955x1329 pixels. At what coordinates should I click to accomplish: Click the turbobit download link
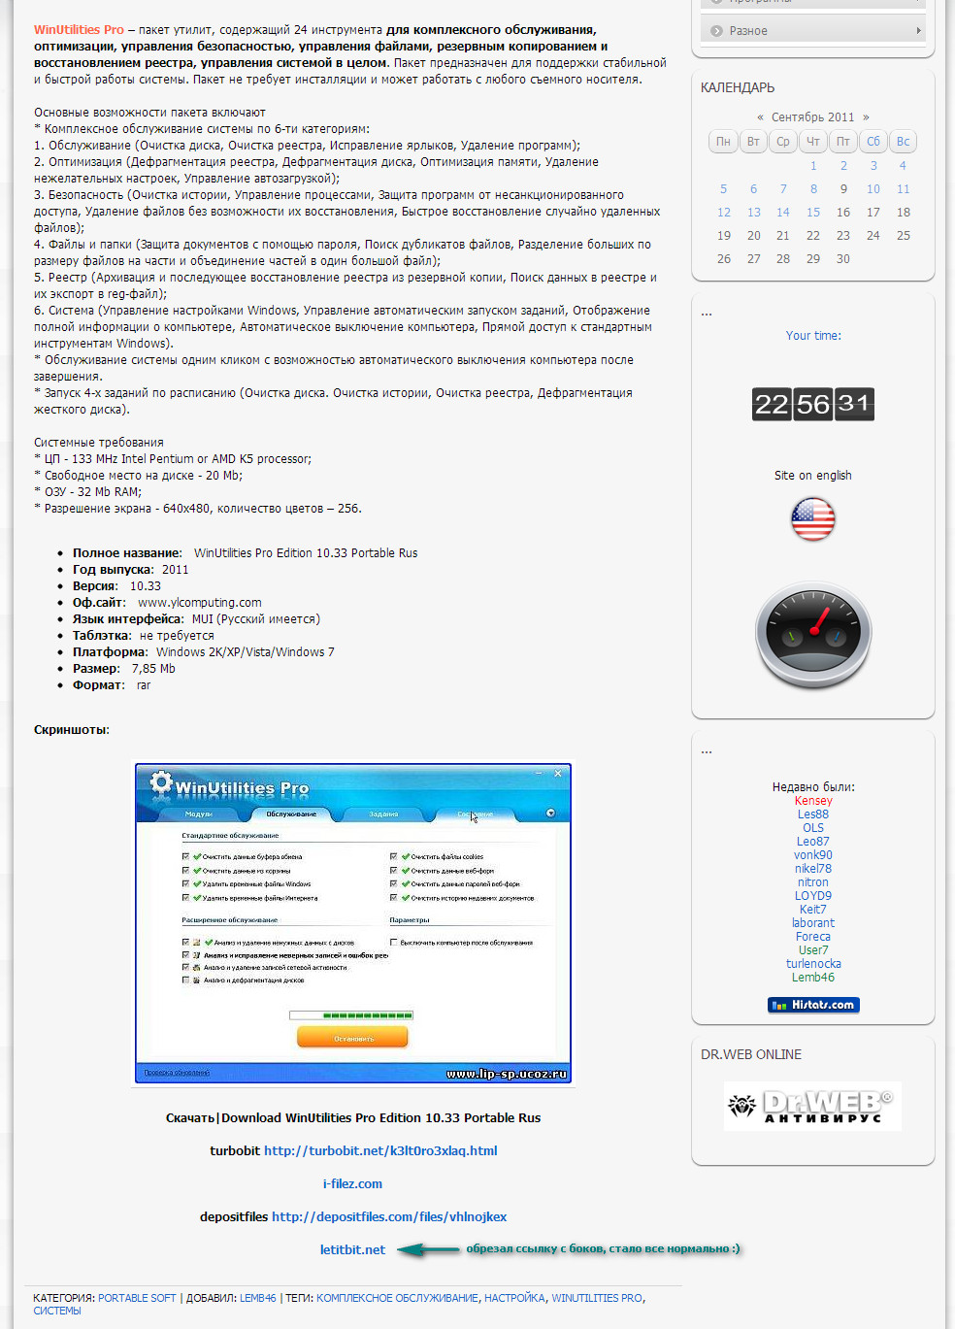380,1150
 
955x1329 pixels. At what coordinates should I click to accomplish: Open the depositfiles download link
389,1216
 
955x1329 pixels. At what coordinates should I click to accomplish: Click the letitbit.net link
352,1249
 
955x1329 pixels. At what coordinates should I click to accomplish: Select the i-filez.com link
352,1183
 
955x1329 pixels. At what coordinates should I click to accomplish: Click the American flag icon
813,519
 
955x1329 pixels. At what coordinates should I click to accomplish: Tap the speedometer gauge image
813,635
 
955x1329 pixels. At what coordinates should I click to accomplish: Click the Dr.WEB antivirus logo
812,1106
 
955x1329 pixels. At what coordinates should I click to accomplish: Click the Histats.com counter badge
813,1005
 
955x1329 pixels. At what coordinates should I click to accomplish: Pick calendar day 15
813,212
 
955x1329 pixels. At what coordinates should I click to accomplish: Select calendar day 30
843,258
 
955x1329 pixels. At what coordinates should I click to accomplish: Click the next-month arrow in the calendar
866,116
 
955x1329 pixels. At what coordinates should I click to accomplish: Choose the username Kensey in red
813,801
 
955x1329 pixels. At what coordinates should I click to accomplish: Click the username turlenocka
813,964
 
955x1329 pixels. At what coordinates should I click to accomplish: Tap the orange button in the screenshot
352,1038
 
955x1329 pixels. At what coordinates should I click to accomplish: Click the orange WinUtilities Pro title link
79,30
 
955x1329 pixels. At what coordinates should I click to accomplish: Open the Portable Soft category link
137,1298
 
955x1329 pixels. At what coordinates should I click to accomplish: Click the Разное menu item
748,31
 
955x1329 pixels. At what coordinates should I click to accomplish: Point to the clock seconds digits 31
853,404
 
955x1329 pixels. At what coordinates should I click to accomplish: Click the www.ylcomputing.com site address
200,602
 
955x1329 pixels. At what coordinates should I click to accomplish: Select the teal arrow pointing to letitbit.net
427,1249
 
